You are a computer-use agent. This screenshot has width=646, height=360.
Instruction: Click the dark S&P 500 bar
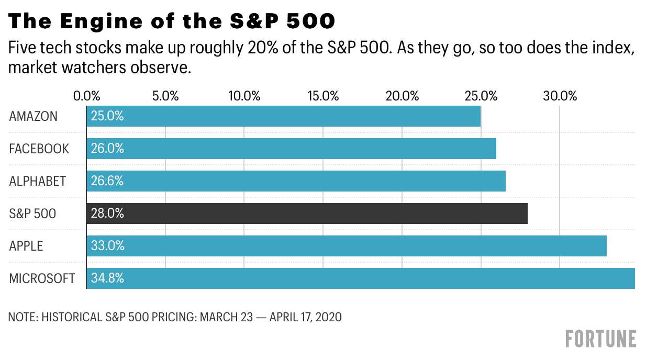(x=307, y=213)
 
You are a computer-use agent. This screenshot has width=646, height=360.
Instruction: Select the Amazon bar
(x=284, y=116)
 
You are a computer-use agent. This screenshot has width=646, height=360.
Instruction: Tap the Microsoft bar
(x=361, y=278)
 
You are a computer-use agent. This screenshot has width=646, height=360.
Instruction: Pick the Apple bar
(x=347, y=246)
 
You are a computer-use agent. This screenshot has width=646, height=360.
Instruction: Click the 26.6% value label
(x=107, y=181)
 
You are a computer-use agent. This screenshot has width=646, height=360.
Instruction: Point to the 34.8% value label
(x=107, y=278)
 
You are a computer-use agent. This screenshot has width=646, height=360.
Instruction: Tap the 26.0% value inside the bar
(x=107, y=149)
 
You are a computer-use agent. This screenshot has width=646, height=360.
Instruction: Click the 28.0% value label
(x=107, y=213)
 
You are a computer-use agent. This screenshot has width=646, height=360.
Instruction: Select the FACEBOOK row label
(x=39, y=149)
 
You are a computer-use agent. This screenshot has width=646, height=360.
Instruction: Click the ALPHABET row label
(x=38, y=181)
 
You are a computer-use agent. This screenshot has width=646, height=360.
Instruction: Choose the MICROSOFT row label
(x=42, y=278)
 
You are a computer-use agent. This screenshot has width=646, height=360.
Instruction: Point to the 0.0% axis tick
(x=86, y=96)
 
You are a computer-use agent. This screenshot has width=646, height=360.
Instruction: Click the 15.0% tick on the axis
(x=323, y=96)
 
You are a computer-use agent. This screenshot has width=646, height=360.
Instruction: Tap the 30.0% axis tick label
(x=560, y=96)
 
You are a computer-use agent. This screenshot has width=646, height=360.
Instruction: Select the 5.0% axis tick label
(x=165, y=96)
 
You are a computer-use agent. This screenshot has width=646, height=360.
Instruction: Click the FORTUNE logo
(x=601, y=339)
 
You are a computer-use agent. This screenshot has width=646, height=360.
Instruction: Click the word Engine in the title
(x=102, y=21)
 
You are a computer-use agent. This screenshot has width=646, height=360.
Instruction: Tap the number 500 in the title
(x=310, y=21)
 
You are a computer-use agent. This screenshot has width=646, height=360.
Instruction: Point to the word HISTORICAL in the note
(x=72, y=317)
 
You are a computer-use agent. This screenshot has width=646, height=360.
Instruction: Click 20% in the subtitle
(x=263, y=48)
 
